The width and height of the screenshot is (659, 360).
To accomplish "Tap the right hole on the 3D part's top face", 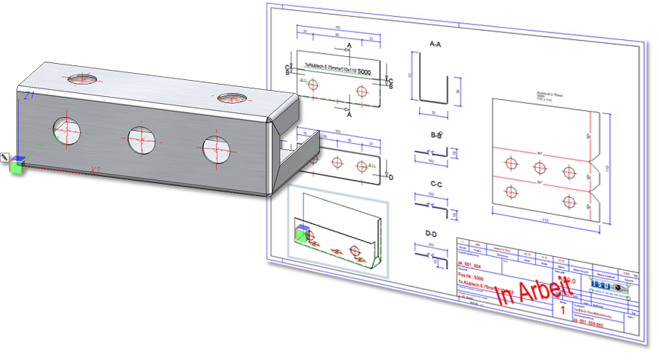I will (x=228, y=98).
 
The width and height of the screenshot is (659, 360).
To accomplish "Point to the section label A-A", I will (x=435, y=45).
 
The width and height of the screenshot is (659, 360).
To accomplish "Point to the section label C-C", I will (x=435, y=184).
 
